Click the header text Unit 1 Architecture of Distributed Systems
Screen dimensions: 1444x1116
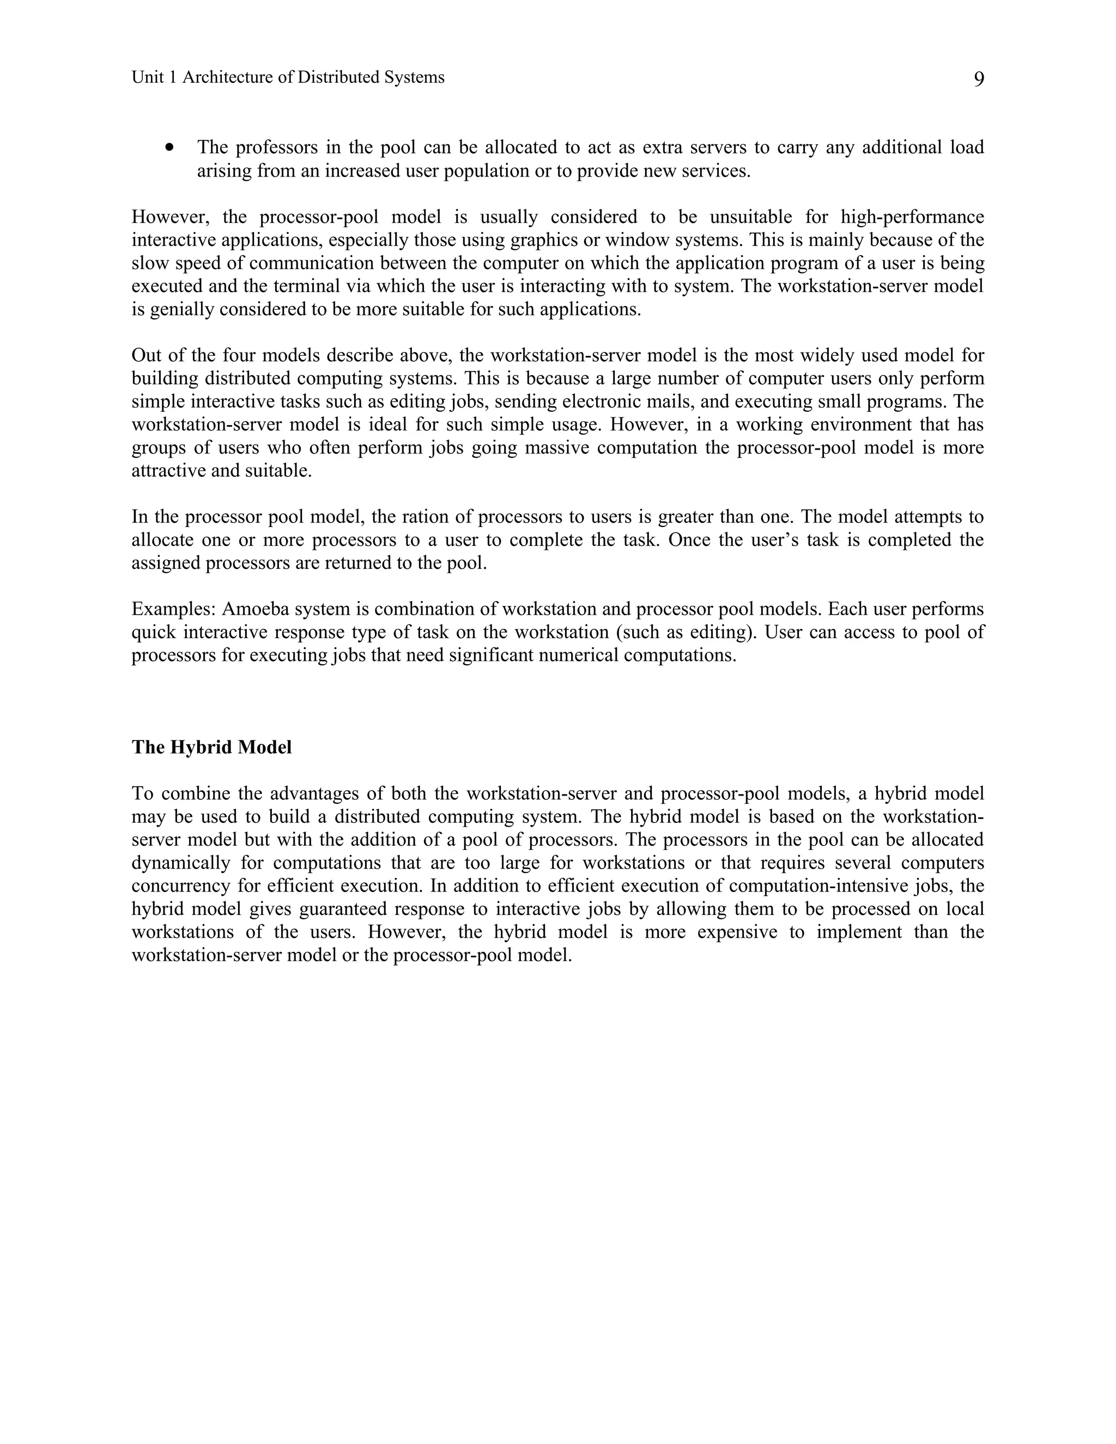click(288, 77)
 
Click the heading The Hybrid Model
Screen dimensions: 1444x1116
click(211, 747)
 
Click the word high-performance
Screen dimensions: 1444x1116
click(912, 217)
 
